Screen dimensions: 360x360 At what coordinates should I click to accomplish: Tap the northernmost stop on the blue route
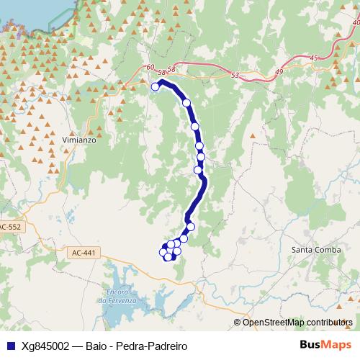pyautogui.click(x=155, y=87)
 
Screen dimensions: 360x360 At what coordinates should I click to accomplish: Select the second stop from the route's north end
pyautogui.click(x=186, y=103)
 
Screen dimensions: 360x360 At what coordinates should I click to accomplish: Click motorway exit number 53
pyautogui.click(x=235, y=75)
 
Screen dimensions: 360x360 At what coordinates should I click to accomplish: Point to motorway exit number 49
pyautogui.click(x=280, y=71)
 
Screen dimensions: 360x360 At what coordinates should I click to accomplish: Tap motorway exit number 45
pyautogui.click(x=313, y=58)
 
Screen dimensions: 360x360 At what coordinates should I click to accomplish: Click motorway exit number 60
pyautogui.click(x=149, y=68)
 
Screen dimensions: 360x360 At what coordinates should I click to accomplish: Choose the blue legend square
pyautogui.click(x=9, y=346)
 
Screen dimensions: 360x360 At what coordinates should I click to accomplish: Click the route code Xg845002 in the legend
pyautogui.click(x=45, y=346)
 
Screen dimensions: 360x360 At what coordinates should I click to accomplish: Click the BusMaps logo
pyautogui.click(x=325, y=345)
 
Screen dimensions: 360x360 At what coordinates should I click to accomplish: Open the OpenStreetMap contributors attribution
pyautogui.click(x=297, y=322)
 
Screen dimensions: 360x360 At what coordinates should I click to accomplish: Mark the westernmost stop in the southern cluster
pyautogui.click(x=163, y=251)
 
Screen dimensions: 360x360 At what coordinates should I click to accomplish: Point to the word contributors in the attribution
pyautogui.click(x=329, y=322)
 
